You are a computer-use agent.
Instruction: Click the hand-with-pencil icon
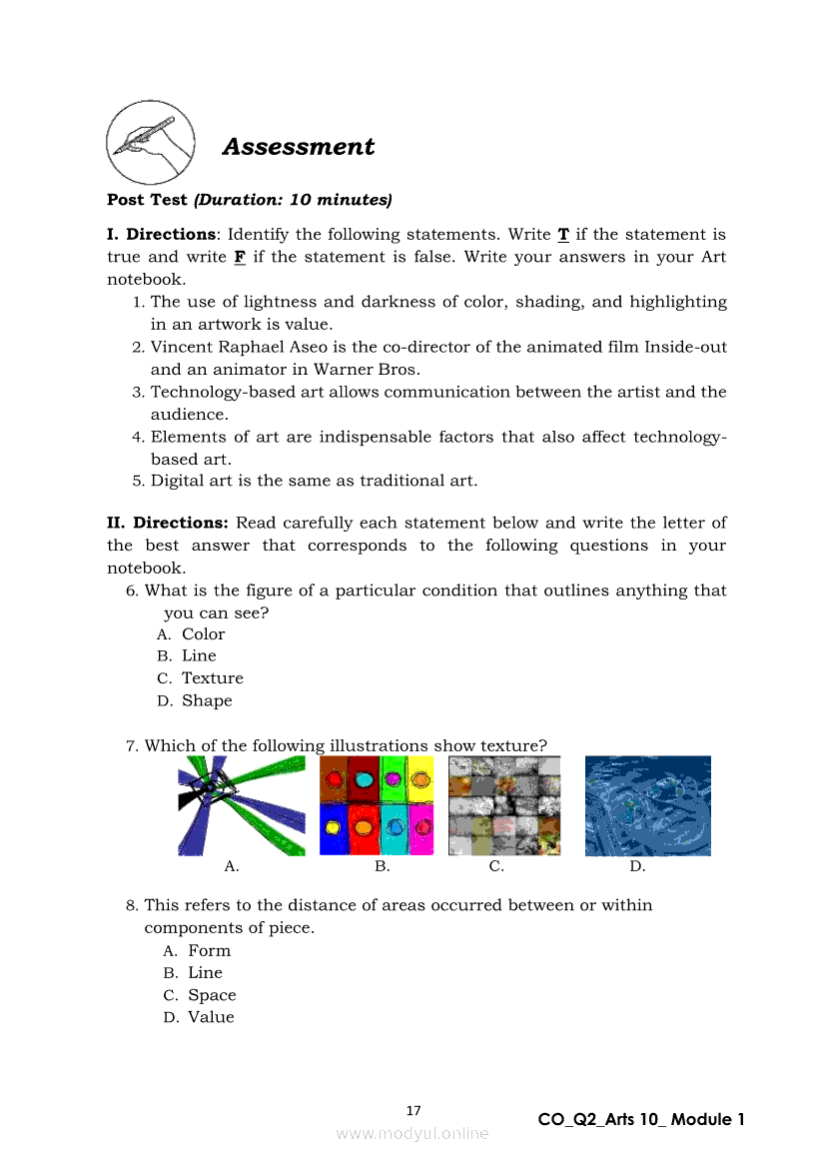tap(150, 141)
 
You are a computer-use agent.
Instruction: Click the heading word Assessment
tap(298, 147)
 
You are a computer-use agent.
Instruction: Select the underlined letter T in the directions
tap(563, 235)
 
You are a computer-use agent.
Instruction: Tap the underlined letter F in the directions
tap(240, 258)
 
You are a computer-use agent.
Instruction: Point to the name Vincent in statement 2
tap(183, 347)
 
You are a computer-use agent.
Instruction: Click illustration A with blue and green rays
tap(242, 805)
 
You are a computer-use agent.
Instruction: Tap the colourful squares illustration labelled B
tap(377, 805)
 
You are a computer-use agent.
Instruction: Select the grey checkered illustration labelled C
tap(504, 805)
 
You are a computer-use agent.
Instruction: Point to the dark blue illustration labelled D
tap(647, 805)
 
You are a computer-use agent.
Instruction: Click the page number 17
tap(413, 1111)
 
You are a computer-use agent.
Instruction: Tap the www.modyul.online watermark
tap(413, 1134)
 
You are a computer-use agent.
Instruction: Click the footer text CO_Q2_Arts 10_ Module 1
tap(641, 1120)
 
